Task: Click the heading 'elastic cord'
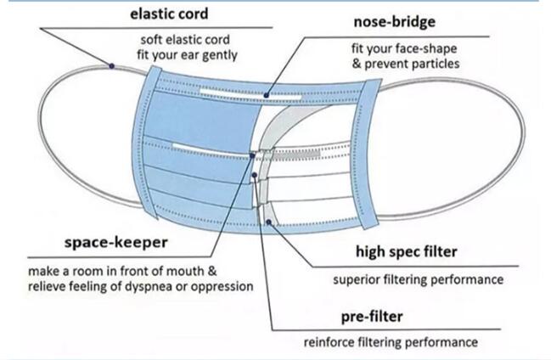(x=169, y=14)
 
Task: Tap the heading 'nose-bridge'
(x=394, y=22)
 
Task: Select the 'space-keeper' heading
(x=116, y=243)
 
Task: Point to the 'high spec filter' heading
(x=407, y=251)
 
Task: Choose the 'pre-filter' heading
(x=372, y=317)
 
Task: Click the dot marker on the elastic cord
(x=111, y=65)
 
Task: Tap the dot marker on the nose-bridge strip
(x=267, y=95)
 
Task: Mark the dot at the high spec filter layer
(x=269, y=222)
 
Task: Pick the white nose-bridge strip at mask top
(x=250, y=93)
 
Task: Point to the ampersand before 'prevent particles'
(x=357, y=64)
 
